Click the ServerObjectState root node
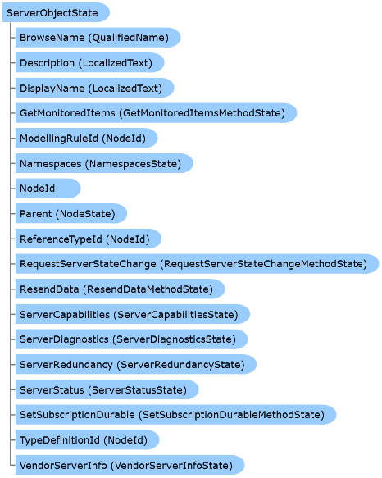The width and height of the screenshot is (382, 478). click(x=56, y=12)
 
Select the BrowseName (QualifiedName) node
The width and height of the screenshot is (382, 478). click(x=98, y=38)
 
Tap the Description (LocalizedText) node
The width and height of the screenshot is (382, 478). click(x=89, y=63)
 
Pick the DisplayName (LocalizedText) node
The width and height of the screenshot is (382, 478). click(x=94, y=88)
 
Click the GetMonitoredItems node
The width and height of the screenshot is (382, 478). click(x=156, y=113)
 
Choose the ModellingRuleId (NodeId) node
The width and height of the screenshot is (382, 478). click(x=86, y=138)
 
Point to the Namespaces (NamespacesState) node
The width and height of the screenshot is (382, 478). click(x=104, y=163)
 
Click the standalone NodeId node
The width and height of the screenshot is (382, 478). click(x=48, y=189)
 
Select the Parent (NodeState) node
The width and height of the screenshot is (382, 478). click(x=71, y=213)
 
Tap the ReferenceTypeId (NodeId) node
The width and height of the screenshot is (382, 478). click(x=88, y=239)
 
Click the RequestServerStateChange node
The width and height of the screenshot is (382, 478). click(x=197, y=264)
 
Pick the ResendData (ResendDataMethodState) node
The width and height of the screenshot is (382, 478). click(x=121, y=289)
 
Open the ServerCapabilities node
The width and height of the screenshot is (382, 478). click(x=133, y=314)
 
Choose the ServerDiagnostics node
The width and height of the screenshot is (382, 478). click(x=131, y=339)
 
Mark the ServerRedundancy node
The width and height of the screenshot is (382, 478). click(x=136, y=364)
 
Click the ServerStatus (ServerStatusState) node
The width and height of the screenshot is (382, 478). click(x=107, y=389)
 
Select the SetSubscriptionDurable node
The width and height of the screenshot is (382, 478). click(x=176, y=415)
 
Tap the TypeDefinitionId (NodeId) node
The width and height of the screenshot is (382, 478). click(x=87, y=440)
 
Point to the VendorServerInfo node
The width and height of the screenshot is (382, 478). click(x=130, y=465)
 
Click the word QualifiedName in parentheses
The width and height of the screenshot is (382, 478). click(x=129, y=38)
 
